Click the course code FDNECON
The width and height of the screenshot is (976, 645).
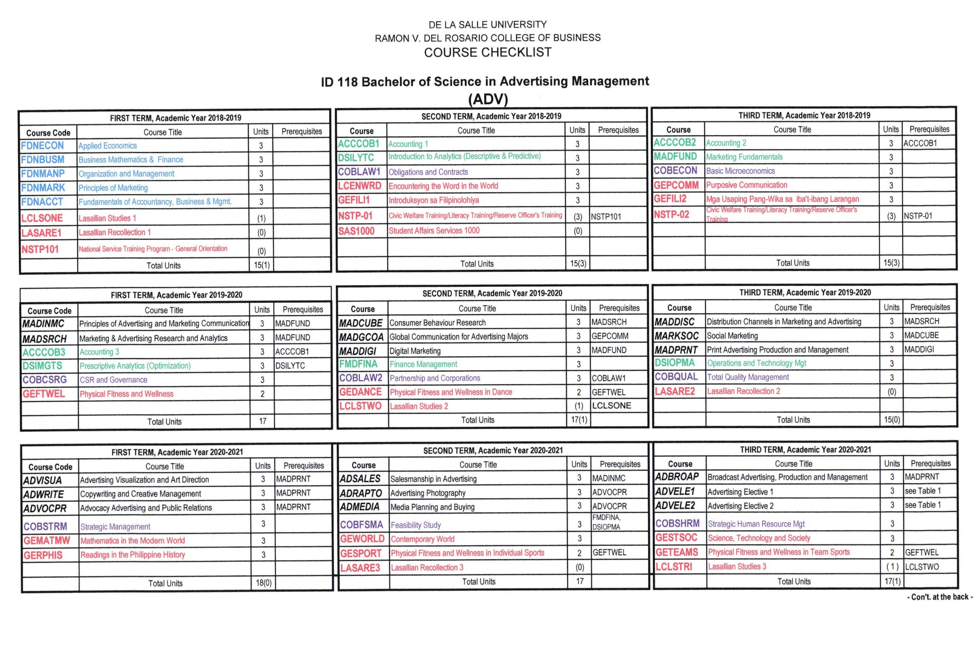[42, 146]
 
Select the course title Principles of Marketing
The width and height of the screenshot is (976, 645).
[113, 188]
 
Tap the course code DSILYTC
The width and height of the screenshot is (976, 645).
[356, 157]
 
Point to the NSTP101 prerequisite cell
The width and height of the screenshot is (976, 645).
[606, 216]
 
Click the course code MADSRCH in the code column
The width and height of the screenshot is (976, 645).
[44, 338]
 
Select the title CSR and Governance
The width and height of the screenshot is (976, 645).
[113, 380]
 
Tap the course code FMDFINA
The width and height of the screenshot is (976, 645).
[358, 364]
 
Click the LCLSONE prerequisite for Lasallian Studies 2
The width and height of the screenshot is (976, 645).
[611, 406]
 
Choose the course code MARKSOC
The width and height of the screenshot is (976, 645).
[676, 336]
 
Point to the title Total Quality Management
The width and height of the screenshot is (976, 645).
[748, 377]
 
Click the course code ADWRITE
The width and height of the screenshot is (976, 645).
[44, 494]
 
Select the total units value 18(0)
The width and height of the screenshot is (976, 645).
[263, 583]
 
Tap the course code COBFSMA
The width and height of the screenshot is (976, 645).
[361, 525]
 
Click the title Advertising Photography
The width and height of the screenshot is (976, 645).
[428, 493]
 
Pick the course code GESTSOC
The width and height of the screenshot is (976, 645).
[676, 538]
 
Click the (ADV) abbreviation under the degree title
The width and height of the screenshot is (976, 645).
[488, 99]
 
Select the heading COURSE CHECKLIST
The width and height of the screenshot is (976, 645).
[487, 52]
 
